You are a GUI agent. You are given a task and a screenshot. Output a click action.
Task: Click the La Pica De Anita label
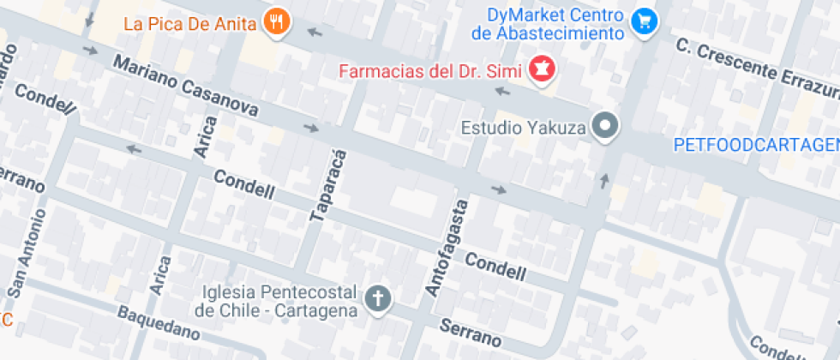(x=189, y=24)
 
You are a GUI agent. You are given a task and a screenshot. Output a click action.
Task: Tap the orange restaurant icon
(x=275, y=22)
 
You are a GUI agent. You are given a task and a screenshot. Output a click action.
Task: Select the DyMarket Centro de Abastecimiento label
(x=548, y=24)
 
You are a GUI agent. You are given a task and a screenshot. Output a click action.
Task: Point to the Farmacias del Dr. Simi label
(x=432, y=70)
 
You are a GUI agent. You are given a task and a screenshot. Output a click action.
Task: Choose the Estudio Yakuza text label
(x=523, y=129)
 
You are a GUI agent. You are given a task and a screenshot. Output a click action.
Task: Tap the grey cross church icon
(x=378, y=299)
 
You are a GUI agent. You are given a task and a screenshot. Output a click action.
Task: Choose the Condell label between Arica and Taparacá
(x=243, y=184)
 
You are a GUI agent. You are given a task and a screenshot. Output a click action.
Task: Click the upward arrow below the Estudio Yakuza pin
(x=604, y=180)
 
